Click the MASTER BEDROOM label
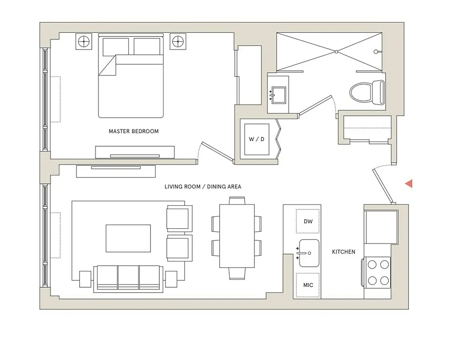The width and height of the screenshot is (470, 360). click(134, 131)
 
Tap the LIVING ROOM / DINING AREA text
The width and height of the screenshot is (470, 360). click(203, 187)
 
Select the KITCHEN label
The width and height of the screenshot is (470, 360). click(343, 252)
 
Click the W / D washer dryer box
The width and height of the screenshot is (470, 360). click(256, 139)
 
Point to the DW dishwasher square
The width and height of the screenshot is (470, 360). click(308, 221)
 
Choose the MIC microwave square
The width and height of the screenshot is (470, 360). click(308, 285)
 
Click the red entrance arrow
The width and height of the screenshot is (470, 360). click(409, 184)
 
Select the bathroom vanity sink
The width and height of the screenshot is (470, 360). click(278, 94)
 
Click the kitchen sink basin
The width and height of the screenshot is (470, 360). click(309, 253)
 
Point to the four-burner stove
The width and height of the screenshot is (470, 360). click(378, 272)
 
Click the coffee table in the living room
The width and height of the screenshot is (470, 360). click(128, 238)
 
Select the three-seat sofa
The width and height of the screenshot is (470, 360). click(128, 278)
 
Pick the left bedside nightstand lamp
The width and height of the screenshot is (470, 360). click(84, 42)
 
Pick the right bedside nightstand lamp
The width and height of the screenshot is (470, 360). click(178, 42)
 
